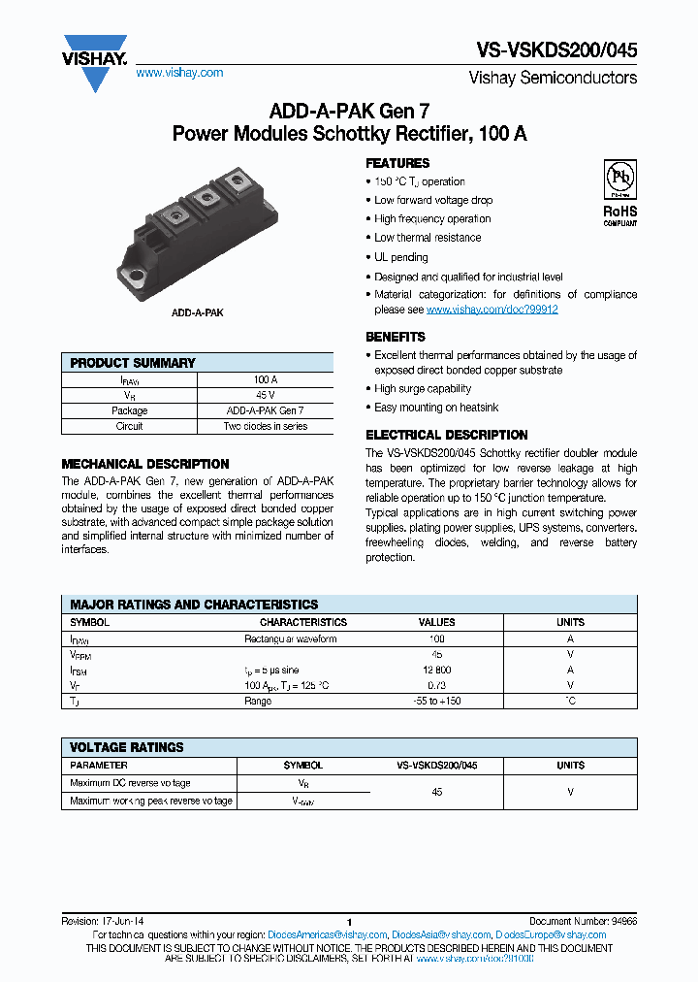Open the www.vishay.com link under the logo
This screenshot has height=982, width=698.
179,73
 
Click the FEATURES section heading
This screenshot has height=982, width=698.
397,163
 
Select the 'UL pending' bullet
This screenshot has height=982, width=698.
401,257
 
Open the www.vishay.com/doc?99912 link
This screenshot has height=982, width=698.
492,310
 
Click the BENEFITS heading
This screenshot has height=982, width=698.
396,337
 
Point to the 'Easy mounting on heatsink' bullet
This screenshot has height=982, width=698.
436,408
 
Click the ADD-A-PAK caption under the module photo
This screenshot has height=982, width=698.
198,314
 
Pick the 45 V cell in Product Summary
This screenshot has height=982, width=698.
265,396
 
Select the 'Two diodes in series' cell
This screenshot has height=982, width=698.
265,426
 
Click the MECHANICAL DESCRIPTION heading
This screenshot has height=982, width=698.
145,464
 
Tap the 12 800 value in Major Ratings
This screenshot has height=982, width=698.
436,671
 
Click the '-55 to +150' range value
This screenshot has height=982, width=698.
436,701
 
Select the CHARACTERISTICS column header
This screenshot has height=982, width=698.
302,622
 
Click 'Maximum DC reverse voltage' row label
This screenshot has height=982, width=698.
130,783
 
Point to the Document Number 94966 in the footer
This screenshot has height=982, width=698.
583,921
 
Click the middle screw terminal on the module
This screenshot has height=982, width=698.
204,197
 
